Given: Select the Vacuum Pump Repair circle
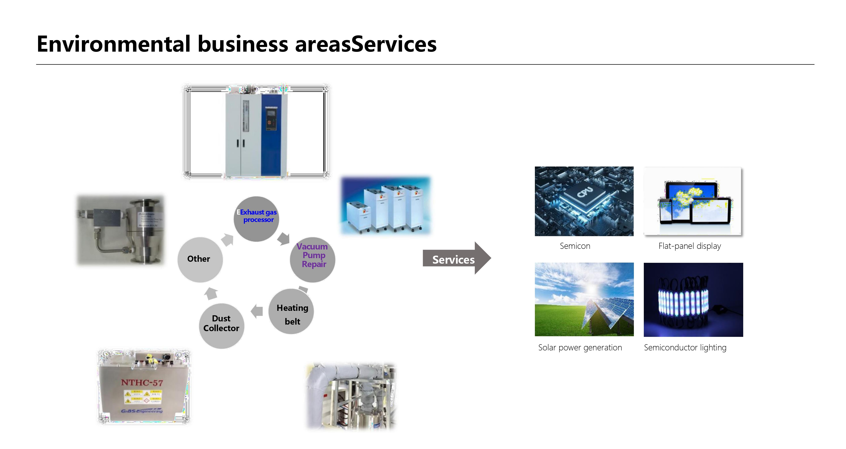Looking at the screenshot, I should click(313, 259).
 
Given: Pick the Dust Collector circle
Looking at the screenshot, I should click(221, 325).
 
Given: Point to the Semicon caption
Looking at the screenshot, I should click(575, 246).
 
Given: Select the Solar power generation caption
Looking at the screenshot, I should click(580, 347).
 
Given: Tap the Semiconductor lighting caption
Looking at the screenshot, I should click(685, 347).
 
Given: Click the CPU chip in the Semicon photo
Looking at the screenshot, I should click(586, 194).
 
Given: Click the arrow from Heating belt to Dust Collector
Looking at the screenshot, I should click(257, 311).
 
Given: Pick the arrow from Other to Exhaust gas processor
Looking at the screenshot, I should click(227, 240).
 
